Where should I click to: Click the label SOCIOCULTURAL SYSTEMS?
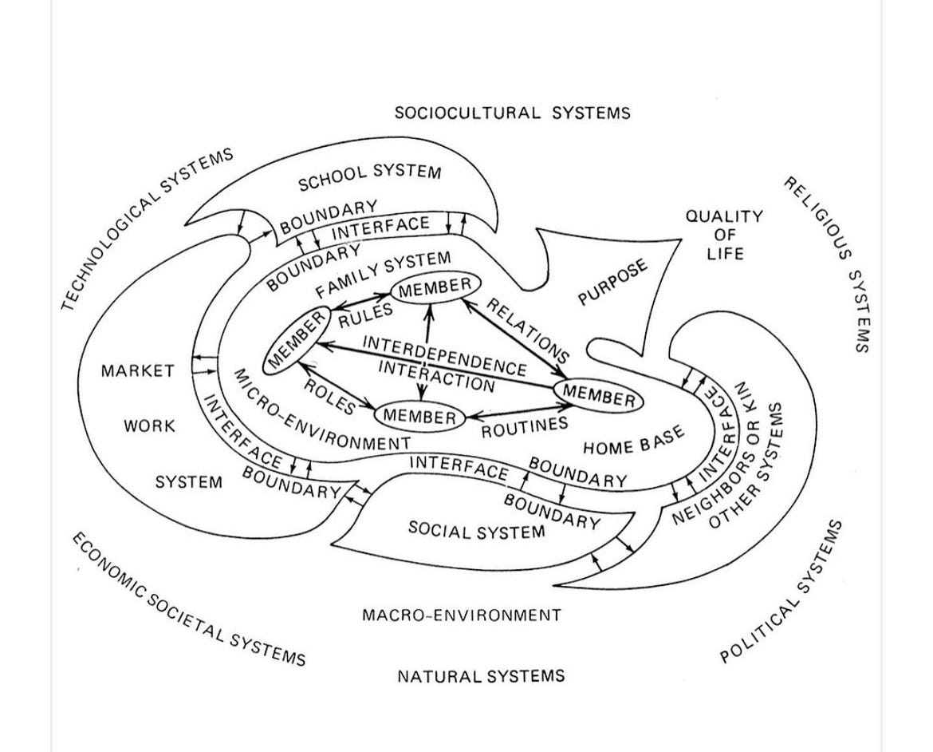pos(512,113)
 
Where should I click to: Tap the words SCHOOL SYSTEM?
pos(369,178)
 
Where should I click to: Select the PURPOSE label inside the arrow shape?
pos(613,283)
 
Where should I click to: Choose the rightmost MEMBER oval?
pos(599,395)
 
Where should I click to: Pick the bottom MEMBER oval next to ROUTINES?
pos(419,416)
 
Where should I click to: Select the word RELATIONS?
pos(527,330)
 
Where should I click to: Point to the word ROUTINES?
pos(524,427)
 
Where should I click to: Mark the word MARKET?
pos(137,370)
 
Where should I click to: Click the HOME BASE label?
pos(634,440)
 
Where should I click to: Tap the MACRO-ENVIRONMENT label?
pos(462,615)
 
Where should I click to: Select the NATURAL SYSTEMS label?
pos(481,676)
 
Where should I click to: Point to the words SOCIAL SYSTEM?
pos(477,529)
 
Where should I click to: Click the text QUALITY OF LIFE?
pos(724,235)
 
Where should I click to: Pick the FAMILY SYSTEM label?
pos(383,274)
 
